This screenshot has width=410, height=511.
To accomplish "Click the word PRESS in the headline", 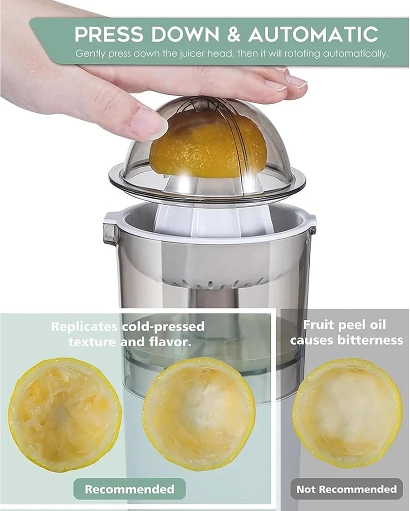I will tap(108, 34).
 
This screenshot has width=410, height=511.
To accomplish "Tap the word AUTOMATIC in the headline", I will tap(313, 34).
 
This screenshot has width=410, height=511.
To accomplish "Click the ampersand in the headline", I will tap(234, 34).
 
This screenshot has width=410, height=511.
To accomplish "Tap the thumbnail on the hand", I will tap(148, 122).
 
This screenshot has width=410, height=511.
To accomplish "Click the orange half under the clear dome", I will tap(208, 144).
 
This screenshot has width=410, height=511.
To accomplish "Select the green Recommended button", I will tap(129, 489).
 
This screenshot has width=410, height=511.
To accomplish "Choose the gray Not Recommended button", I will tap(346, 489).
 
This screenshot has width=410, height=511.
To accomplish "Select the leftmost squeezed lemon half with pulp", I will tap(65, 414).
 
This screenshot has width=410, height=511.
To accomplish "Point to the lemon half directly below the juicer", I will tap(199, 413).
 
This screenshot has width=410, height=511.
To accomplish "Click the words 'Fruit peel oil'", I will tap(344, 325).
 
